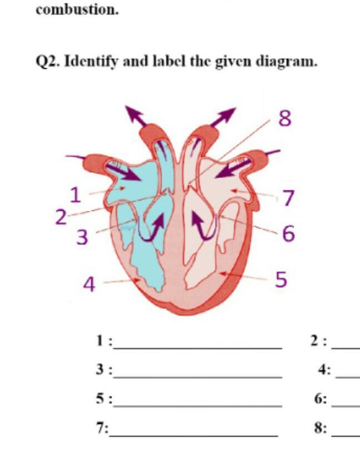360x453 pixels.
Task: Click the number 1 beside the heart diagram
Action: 76,195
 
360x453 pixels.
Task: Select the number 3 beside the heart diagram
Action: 82,237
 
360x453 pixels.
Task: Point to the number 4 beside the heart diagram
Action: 89,284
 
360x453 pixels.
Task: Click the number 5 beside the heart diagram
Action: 282,280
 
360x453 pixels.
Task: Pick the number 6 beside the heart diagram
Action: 288,234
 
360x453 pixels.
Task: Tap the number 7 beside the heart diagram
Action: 288,198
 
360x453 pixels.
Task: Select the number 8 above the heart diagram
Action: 284,119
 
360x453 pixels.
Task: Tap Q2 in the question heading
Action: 48,61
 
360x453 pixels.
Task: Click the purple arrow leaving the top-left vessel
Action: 134,115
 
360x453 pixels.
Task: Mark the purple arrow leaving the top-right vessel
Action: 224,117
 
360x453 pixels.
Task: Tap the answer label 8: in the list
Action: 321,428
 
